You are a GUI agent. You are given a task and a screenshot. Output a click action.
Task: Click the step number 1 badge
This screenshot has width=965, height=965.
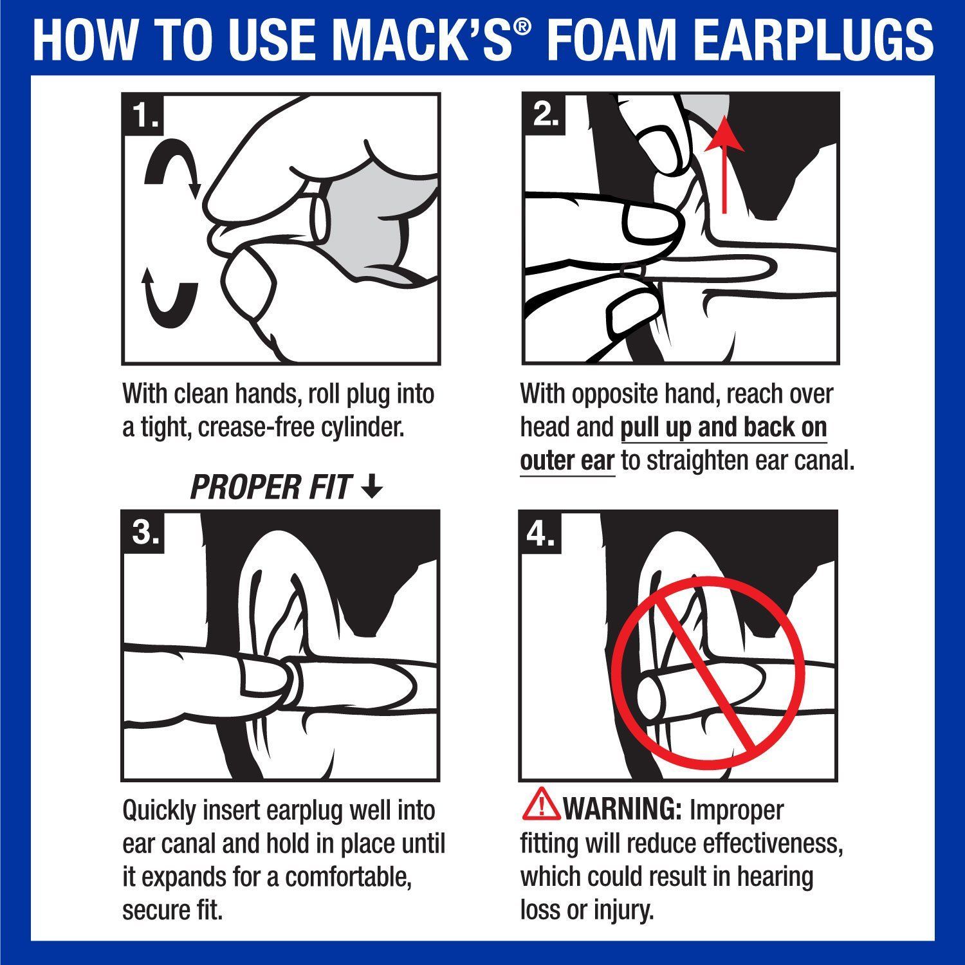144,116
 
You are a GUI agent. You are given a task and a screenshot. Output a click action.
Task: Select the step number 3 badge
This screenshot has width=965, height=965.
144,533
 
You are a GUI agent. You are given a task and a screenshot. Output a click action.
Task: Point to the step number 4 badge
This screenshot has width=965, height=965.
541,533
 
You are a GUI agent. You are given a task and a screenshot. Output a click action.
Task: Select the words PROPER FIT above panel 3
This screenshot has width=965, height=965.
271,488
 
